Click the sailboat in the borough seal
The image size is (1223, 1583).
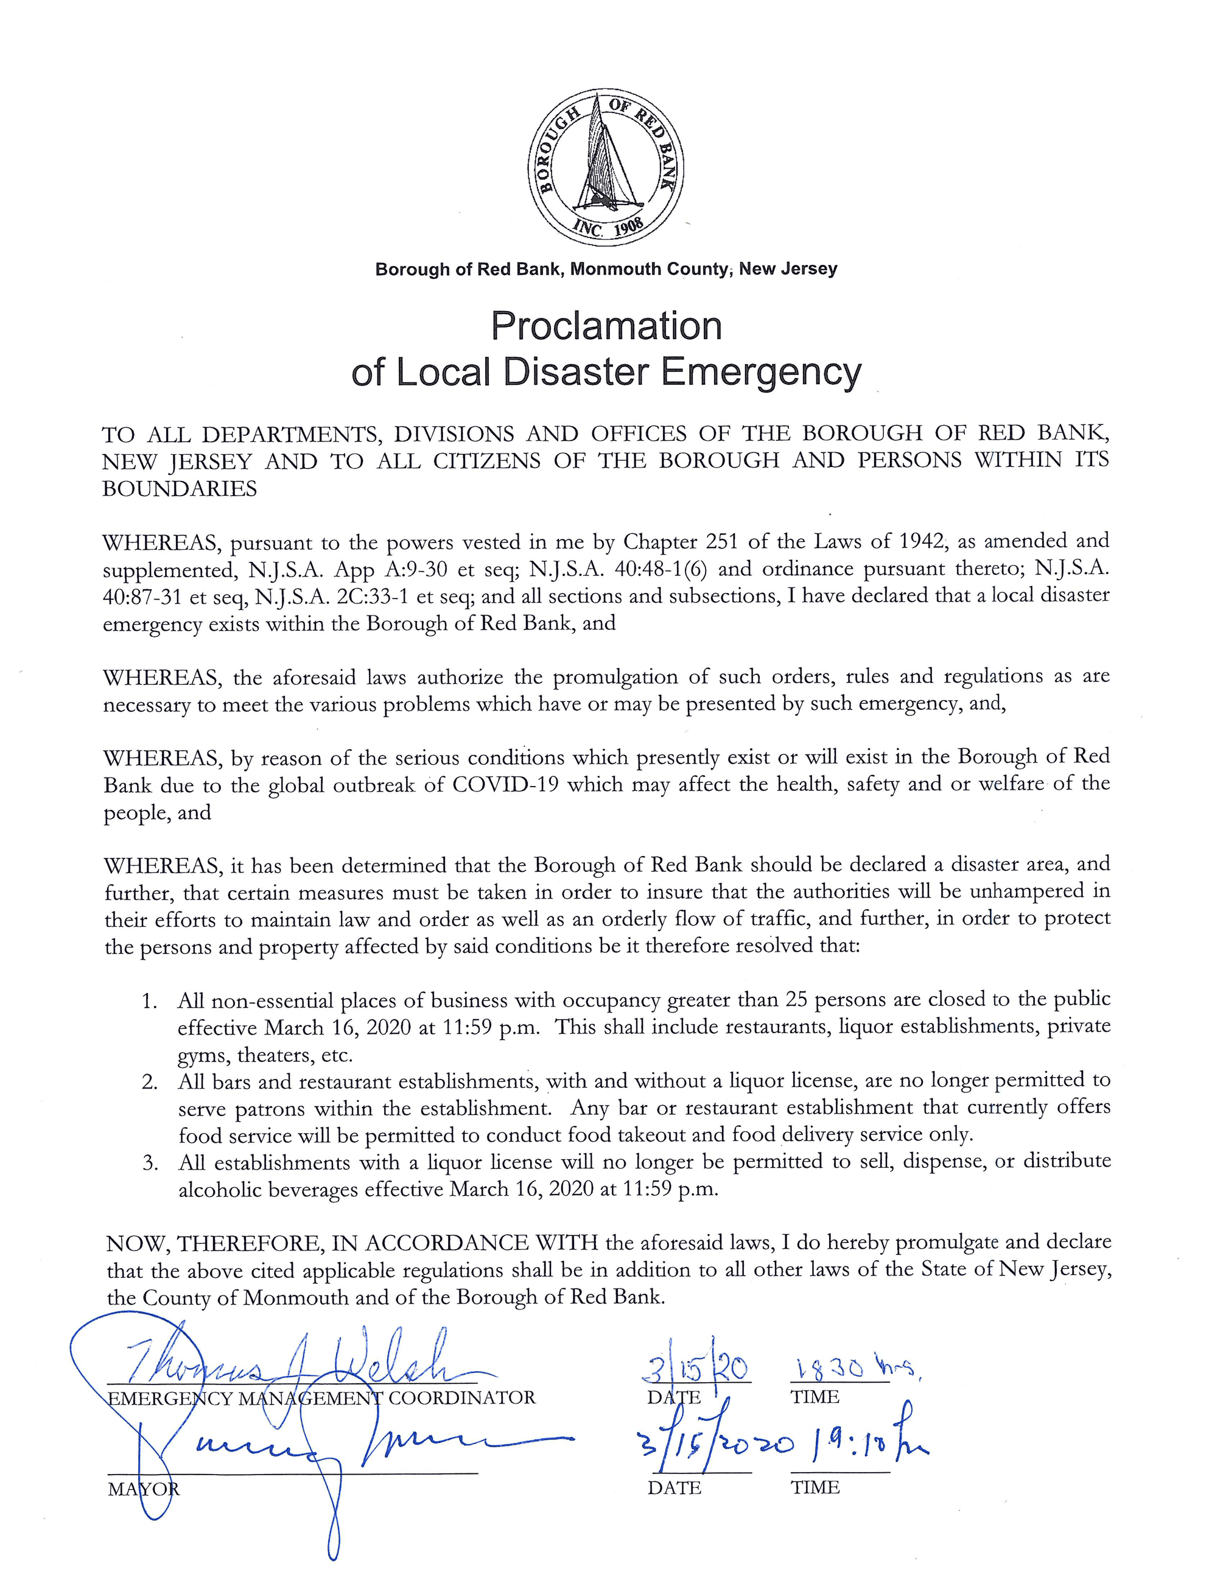pyautogui.click(x=605, y=156)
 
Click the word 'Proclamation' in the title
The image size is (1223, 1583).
pyautogui.click(x=606, y=326)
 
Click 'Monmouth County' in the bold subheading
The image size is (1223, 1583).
pyautogui.click(x=649, y=270)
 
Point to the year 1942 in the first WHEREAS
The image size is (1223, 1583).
pyautogui.click(x=921, y=541)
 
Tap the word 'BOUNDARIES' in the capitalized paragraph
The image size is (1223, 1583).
pyautogui.click(x=180, y=490)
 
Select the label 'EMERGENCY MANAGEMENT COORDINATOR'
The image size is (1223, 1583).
pyautogui.click(x=321, y=1398)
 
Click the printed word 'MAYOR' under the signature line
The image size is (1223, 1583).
pyautogui.click(x=142, y=1489)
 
